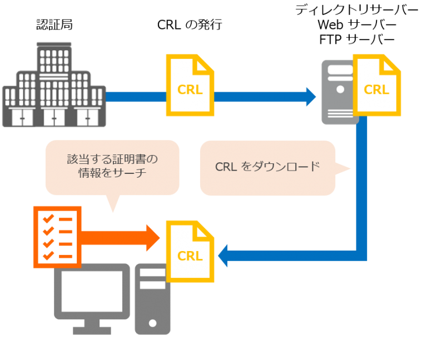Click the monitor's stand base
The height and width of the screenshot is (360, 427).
click(92, 330)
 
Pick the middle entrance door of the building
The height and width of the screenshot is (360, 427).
click(54, 117)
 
